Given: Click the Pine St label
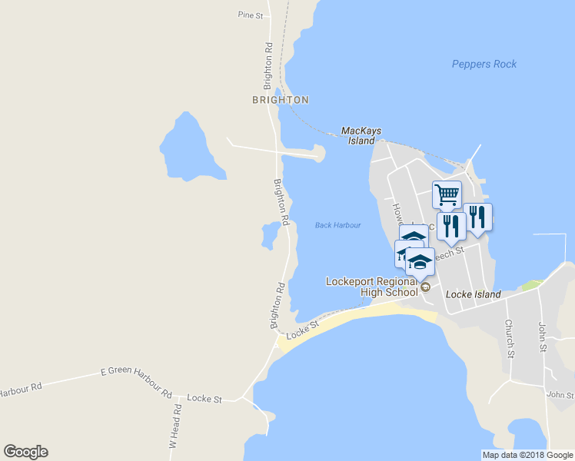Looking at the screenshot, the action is point(251,15).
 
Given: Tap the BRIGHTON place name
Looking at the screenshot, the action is point(281,100).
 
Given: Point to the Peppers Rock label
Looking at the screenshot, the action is point(484,65).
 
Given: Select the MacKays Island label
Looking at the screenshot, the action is point(361,136).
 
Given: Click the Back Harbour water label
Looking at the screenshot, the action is point(337,225).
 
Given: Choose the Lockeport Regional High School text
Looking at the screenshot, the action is point(371,287).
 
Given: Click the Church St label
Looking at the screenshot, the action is point(509,339).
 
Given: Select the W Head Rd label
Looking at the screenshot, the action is point(176,427).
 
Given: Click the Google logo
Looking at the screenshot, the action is point(25,452).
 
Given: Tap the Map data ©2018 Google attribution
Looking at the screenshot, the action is point(527,455).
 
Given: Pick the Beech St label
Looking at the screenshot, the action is point(449,254).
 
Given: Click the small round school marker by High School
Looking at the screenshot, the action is point(425,287).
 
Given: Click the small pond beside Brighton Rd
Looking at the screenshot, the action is point(270,234).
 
